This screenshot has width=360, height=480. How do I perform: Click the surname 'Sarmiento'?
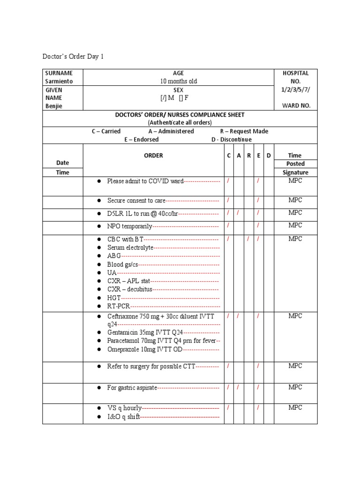pyautogui.click(x=59, y=81)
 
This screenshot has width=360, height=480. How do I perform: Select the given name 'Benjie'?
pyautogui.click(x=54, y=106)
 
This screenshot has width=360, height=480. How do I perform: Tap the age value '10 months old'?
pyautogui.click(x=178, y=81)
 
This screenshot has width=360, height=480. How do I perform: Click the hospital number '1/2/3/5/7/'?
pyautogui.click(x=295, y=90)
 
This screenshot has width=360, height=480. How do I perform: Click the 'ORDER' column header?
pyautogui.click(x=153, y=156)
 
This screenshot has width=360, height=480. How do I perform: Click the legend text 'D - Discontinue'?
pyautogui.click(x=231, y=139)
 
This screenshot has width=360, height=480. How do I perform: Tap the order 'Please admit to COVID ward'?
pyautogui.click(x=145, y=181)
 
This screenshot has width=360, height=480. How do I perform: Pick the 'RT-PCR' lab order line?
pyautogui.click(x=118, y=306)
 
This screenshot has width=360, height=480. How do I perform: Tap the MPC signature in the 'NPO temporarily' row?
pyautogui.click(x=295, y=225)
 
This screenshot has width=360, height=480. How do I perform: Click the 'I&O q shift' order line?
pyautogui.click(x=123, y=417)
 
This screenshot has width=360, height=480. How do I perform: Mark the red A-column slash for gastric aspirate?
pyautogui.click(x=238, y=388)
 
